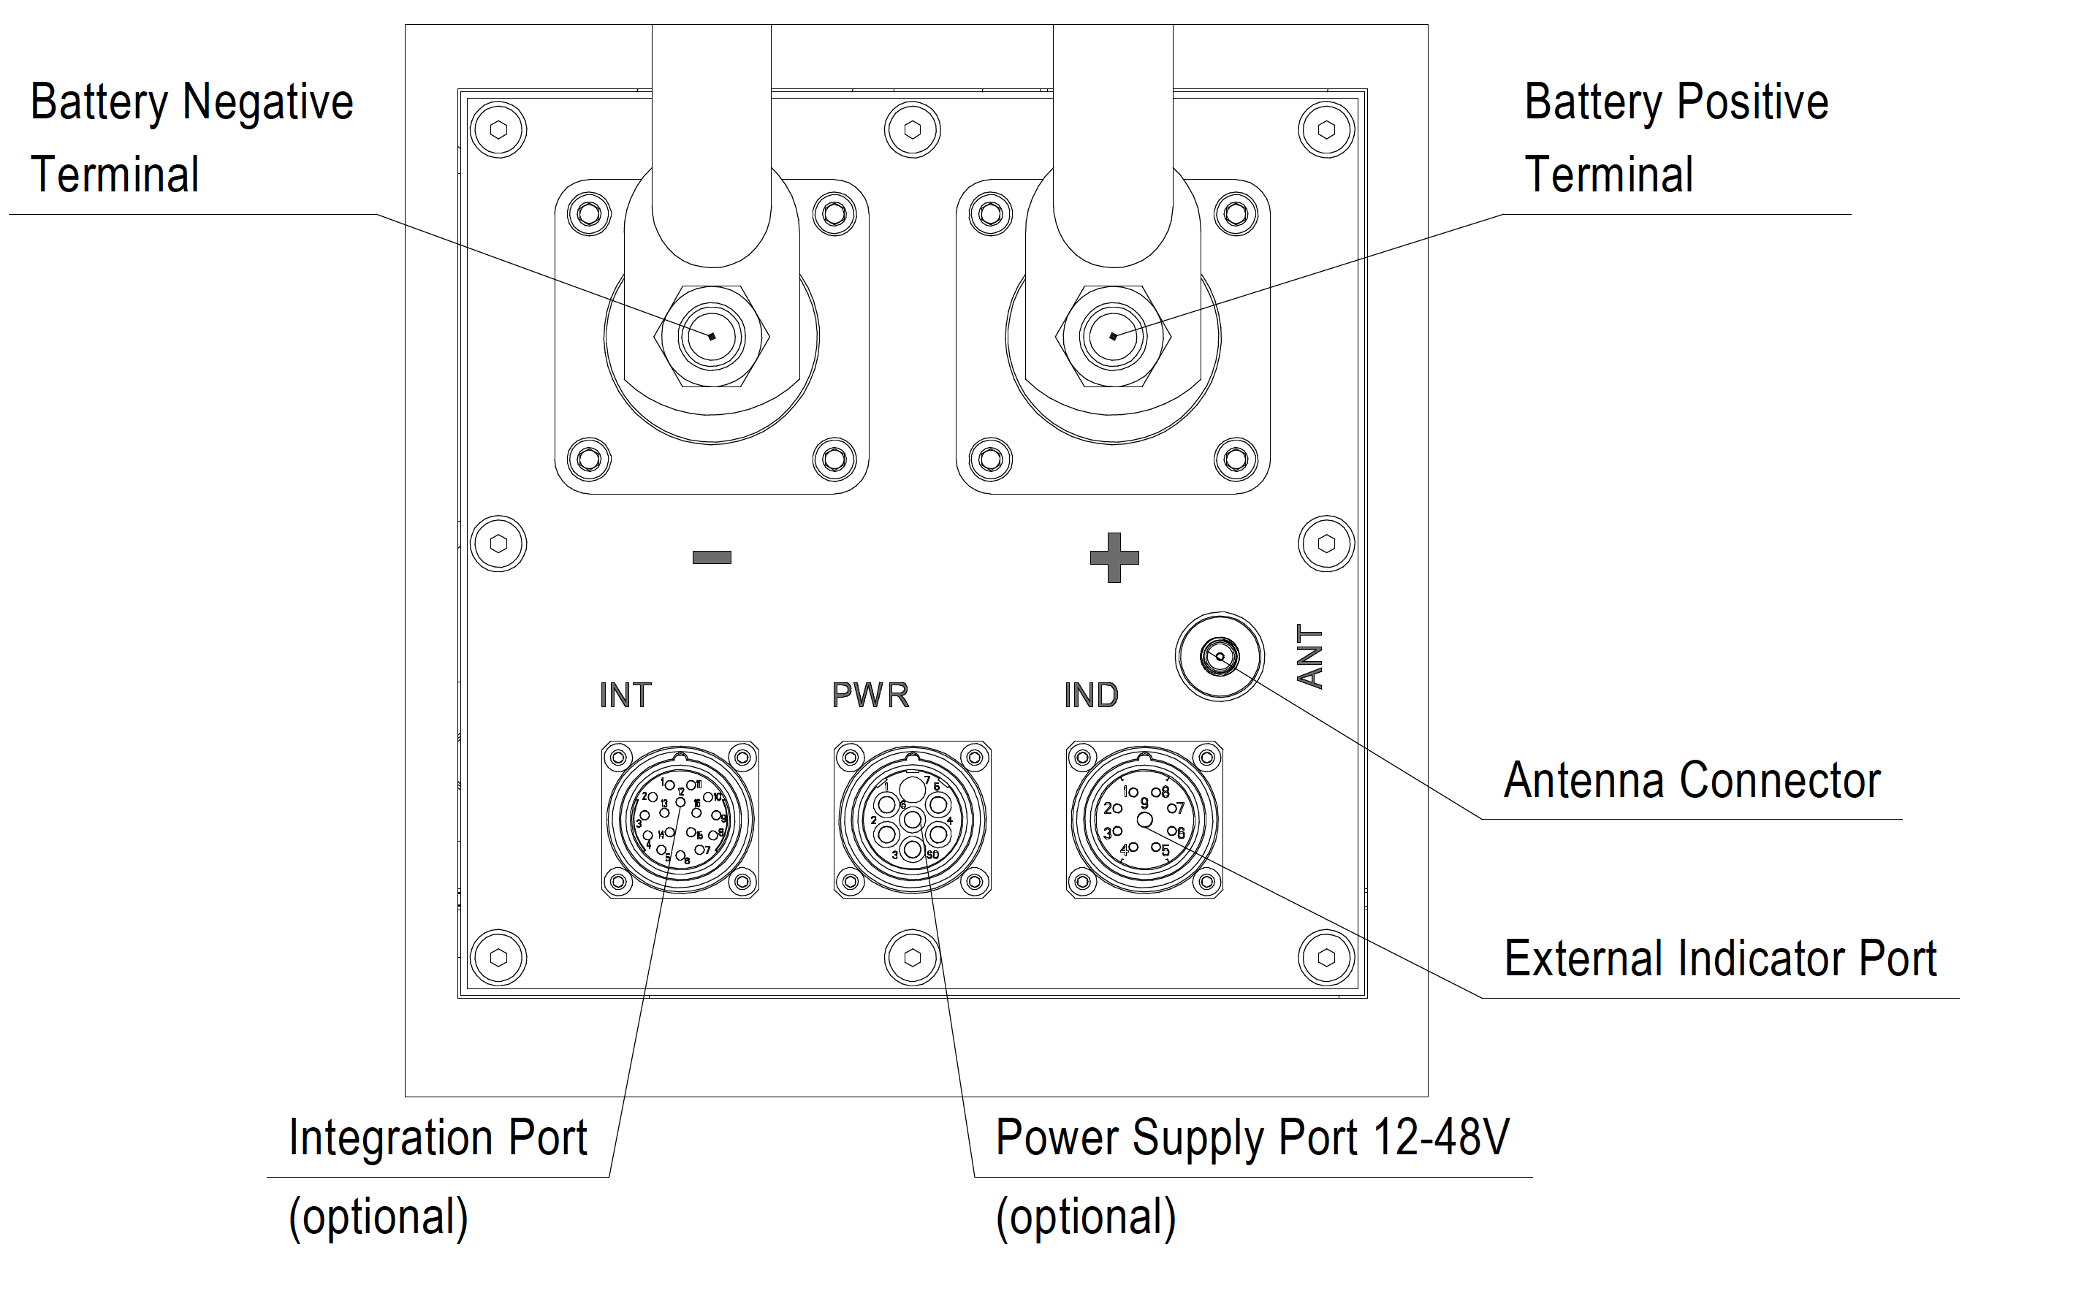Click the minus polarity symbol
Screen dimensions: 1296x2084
coord(712,558)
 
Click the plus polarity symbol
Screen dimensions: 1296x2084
coord(1114,558)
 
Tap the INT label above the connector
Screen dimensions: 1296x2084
coord(625,695)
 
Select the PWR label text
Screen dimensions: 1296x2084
coord(870,695)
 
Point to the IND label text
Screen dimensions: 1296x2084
coord(1090,695)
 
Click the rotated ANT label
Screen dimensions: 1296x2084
coord(1311,657)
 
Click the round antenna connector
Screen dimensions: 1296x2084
coord(1219,657)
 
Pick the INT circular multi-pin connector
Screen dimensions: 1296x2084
coord(680,820)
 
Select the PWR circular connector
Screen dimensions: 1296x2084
coord(912,820)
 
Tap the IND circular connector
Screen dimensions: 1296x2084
coord(1144,820)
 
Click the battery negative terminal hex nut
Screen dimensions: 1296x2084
coord(712,336)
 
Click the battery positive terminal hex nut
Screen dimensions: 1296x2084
coord(1114,336)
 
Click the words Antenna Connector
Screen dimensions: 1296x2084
coord(1692,781)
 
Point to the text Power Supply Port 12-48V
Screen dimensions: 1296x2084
coord(1252,1137)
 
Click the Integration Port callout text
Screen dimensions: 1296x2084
coord(437,1137)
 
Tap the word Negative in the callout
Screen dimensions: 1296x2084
coord(267,102)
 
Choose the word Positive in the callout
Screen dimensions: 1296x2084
coord(1752,102)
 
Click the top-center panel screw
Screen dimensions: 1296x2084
coord(912,130)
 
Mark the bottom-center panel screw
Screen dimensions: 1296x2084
coord(912,958)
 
